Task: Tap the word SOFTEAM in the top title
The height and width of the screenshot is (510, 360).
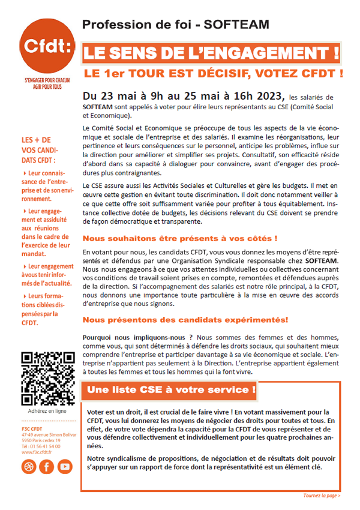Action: pos(236,25)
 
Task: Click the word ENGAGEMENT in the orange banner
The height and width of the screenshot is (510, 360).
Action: pos(260,53)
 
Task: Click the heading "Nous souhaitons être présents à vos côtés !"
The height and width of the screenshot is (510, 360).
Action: pos(180,238)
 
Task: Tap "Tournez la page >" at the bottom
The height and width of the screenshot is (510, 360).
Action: pos(322,496)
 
